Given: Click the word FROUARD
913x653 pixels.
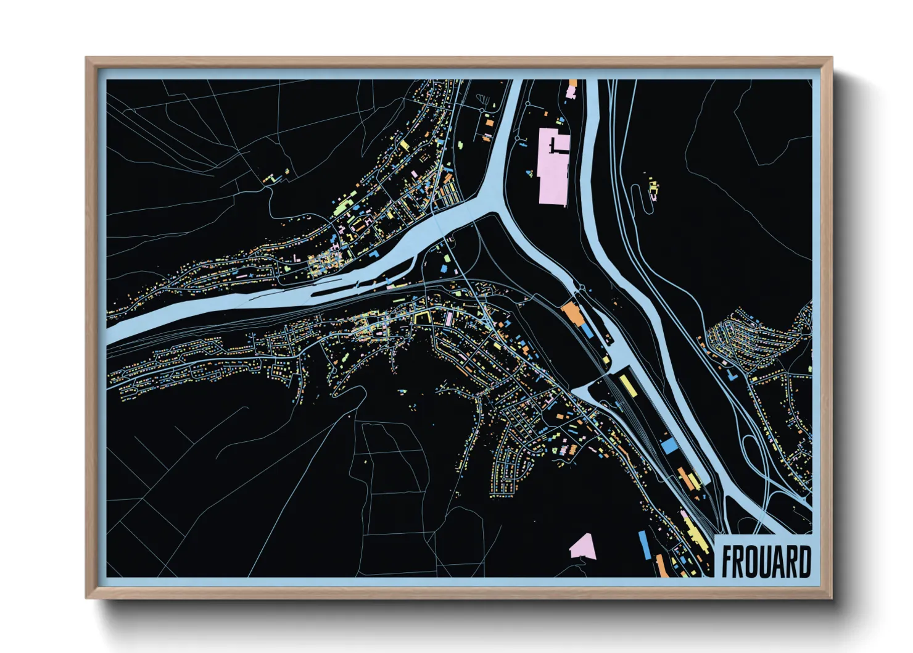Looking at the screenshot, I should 766,561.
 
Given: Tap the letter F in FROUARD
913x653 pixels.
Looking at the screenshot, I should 727,561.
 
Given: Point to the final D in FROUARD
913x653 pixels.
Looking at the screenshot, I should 804,561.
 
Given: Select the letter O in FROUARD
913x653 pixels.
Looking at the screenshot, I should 753,561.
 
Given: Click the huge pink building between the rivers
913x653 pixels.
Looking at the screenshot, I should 553,167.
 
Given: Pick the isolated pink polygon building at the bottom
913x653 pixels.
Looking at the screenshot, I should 582,546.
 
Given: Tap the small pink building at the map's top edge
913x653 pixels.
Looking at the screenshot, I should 571,90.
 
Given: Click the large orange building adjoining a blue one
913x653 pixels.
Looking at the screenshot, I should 572,313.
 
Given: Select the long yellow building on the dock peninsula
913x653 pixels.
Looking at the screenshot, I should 627,385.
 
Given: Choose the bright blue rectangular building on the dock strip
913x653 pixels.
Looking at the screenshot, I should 669,446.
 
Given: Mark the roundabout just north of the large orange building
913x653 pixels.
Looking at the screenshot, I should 580,288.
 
